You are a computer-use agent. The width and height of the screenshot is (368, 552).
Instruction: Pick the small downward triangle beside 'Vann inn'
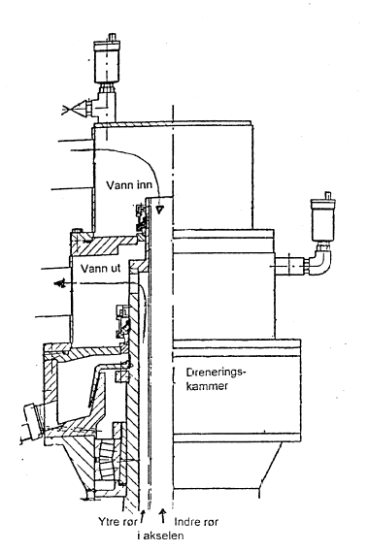pos(159,208)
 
